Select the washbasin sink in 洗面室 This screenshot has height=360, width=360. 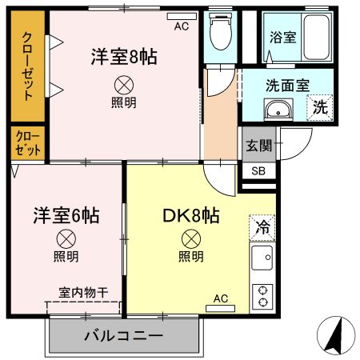pyautogui.click(x=280, y=111)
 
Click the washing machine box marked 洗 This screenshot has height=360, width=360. pyautogui.click(x=319, y=106)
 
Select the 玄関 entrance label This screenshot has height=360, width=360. pyautogui.click(x=258, y=145)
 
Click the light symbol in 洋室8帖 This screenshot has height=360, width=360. pyautogui.click(x=124, y=83)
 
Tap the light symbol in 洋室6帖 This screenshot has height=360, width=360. pyautogui.click(x=66, y=238)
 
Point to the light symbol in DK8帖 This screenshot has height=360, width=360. pyautogui.click(x=190, y=238)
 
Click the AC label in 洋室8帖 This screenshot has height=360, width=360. pyautogui.click(x=182, y=25)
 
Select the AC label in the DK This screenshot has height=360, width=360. pyautogui.click(x=220, y=299)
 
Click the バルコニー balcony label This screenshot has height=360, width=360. pyautogui.click(x=123, y=335)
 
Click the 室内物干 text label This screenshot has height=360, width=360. pyautogui.click(x=82, y=292)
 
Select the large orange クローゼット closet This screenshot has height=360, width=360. pyautogui.click(x=28, y=66)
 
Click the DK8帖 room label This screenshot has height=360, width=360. pyautogui.click(x=192, y=215)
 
